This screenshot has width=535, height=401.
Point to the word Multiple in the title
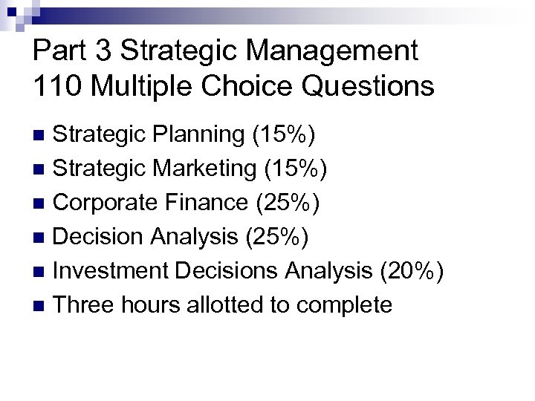pyautogui.click(x=149, y=85)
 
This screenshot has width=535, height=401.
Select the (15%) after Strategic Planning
pyautogui.click(x=282, y=135)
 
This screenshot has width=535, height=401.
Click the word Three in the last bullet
pyautogui.click(x=82, y=304)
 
